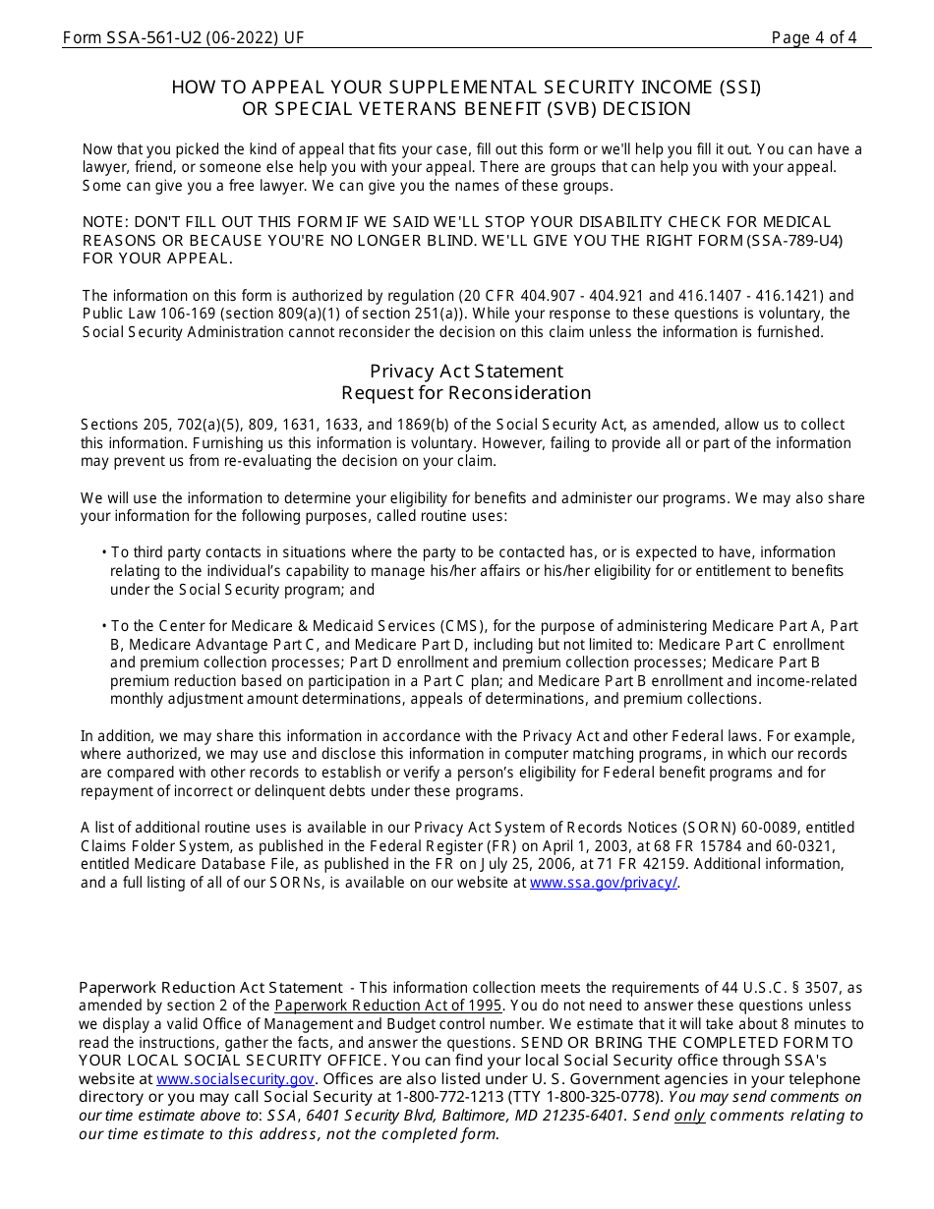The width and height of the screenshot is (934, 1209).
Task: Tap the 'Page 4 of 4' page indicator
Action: [813, 38]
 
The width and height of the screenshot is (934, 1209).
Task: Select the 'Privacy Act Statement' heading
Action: [466, 371]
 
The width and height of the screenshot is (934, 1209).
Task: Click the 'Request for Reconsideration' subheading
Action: [466, 393]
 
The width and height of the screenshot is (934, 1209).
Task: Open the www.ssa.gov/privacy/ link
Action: [604, 883]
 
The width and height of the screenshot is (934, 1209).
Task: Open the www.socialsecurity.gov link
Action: [235, 1079]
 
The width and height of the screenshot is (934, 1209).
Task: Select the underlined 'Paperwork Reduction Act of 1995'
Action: [388, 1006]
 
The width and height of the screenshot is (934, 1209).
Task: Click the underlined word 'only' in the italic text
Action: [689, 1116]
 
